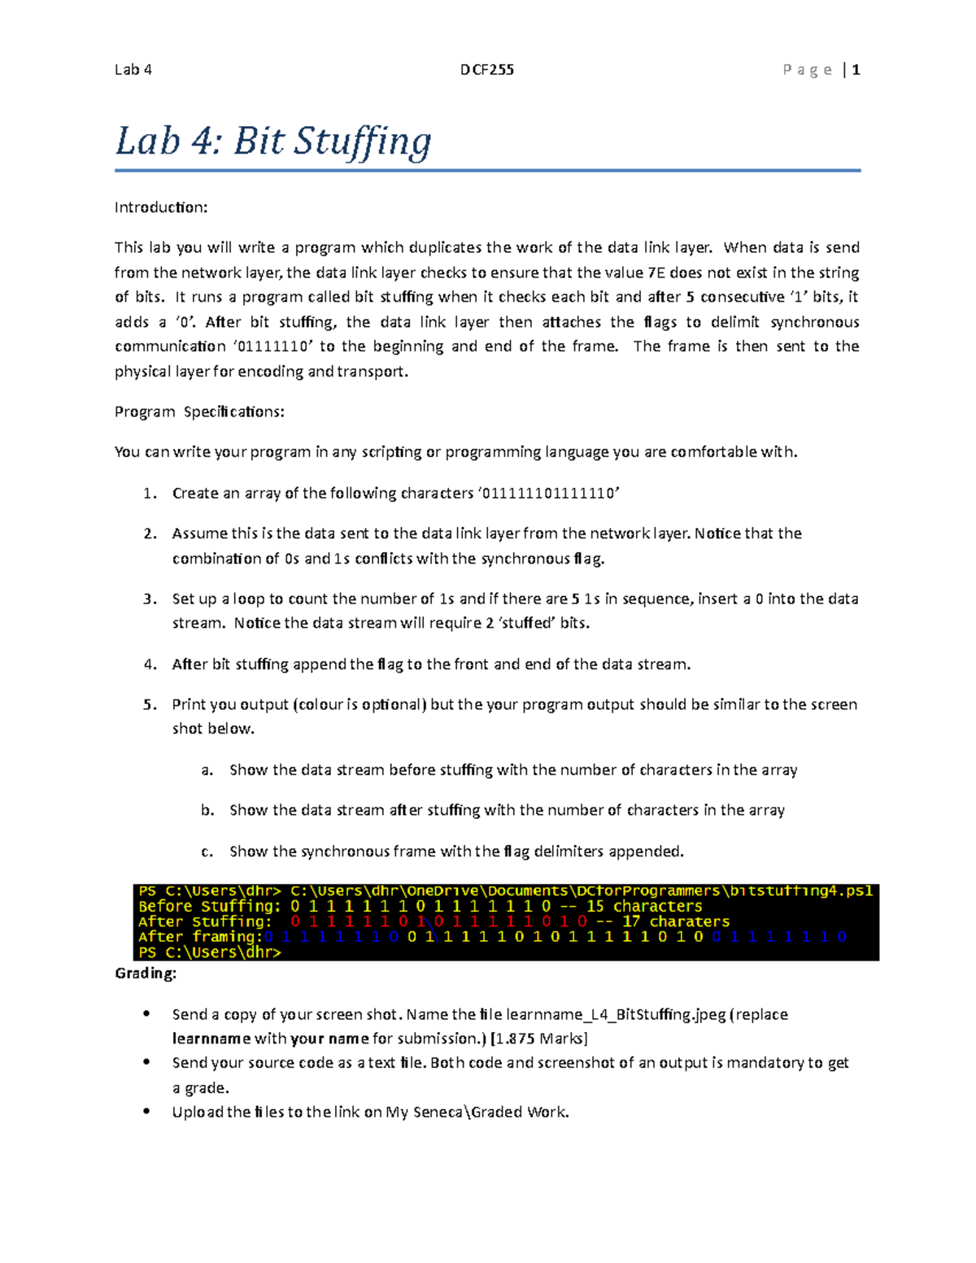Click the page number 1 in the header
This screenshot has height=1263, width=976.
[x=856, y=70]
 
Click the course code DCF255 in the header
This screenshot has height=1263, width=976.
[x=486, y=70]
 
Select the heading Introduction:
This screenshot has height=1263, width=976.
[x=161, y=207]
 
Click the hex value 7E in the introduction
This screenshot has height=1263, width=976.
[x=656, y=272]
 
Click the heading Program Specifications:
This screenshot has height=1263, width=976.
[x=199, y=412]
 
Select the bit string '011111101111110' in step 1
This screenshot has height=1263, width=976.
[x=549, y=493]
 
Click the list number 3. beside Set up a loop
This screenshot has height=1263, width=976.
[x=150, y=599]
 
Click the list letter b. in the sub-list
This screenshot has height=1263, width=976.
[x=207, y=811]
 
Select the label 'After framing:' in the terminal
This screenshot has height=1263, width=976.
[x=200, y=937]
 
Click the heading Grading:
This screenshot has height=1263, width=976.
[x=146, y=973]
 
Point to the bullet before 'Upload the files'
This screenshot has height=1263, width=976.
[x=146, y=1111]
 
